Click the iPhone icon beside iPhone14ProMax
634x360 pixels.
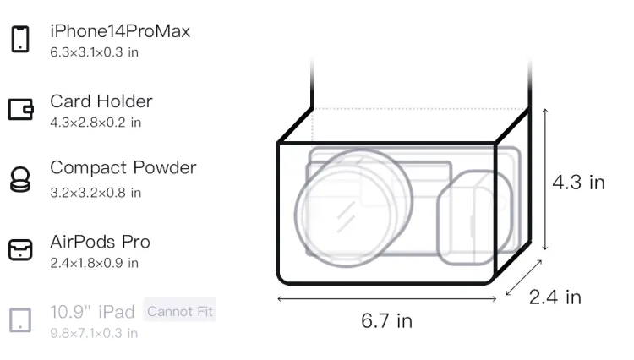point(20,39)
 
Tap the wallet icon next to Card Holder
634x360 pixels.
point(20,110)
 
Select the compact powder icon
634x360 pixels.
point(19,179)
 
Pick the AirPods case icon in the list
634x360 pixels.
point(20,249)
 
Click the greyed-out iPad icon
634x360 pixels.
point(20,320)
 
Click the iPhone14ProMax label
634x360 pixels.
point(120,31)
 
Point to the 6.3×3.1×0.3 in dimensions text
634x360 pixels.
point(94,52)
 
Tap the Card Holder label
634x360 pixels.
point(101,101)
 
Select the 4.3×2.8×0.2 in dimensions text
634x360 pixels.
point(96,123)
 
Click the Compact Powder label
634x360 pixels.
point(123,167)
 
